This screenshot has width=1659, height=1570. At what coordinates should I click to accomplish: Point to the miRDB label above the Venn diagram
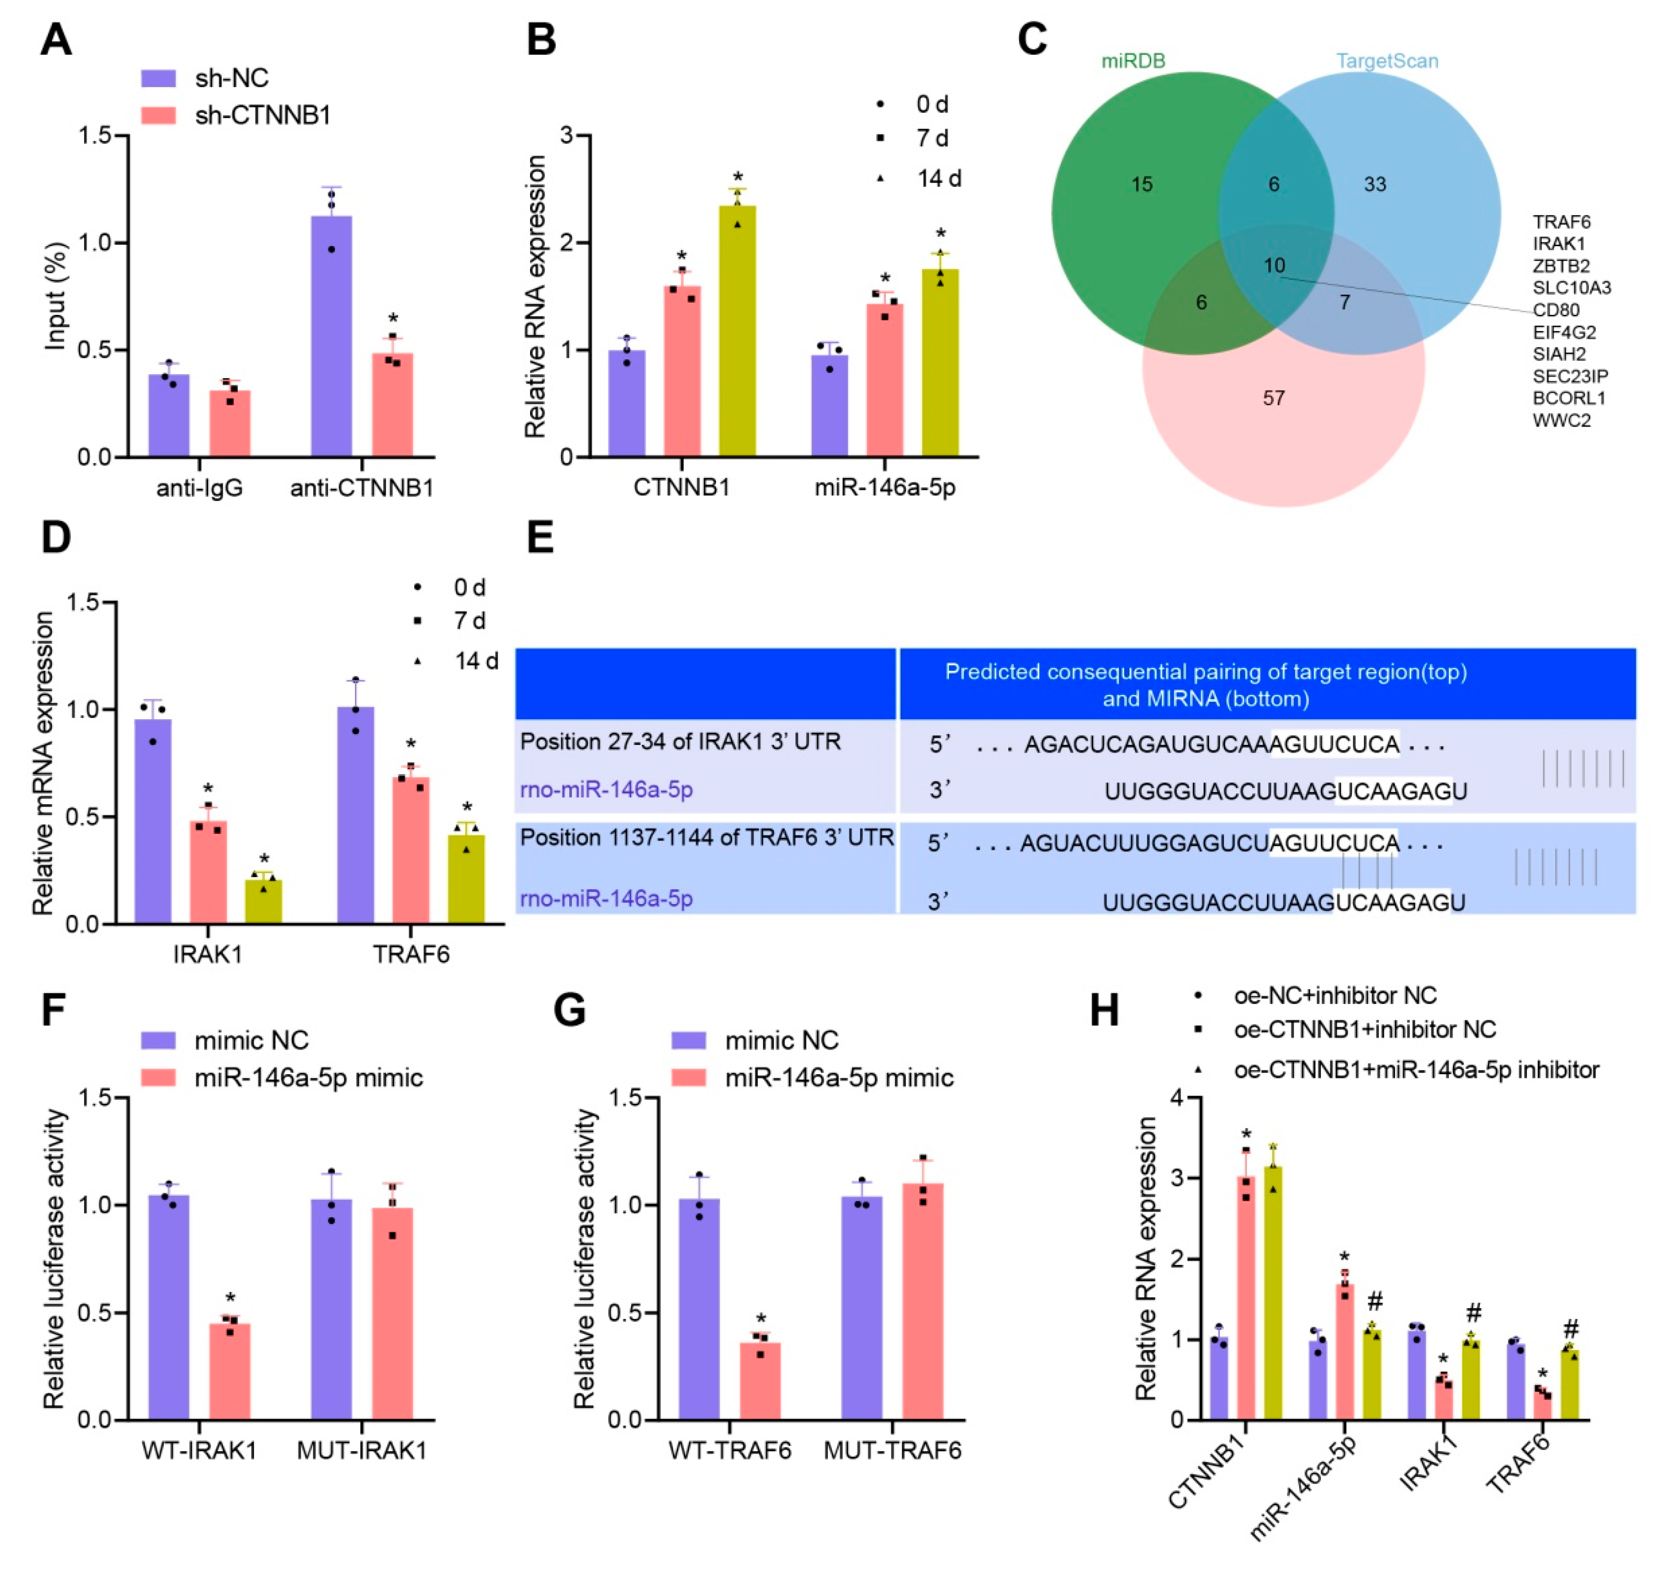click(x=1132, y=61)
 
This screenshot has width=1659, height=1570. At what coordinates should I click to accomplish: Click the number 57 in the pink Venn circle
click(x=1273, y=398)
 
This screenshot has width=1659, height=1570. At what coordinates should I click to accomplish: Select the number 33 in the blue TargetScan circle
click(x=1375, y=184)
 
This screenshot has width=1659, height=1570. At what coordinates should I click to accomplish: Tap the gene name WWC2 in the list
click(x=1561, y=420)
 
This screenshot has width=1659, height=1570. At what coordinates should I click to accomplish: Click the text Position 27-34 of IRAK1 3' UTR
click(x=680, y=741)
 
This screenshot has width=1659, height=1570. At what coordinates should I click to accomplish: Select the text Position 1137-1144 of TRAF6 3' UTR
click(x=707, y=838)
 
